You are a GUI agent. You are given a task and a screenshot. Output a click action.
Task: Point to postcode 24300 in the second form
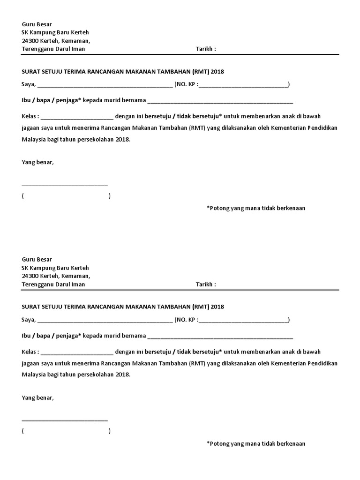pos(30,276)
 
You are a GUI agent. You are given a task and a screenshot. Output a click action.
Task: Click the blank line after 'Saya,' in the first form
pos(105,85)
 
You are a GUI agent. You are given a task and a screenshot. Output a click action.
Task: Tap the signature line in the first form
pos(65,185)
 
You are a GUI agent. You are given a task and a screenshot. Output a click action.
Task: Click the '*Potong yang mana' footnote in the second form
pos(256,443)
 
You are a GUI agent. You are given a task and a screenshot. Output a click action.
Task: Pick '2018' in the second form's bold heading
pos(217,307)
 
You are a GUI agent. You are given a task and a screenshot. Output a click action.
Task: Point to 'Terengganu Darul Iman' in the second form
pos(53,285)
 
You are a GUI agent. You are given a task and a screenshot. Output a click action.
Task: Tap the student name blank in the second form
pos(220,337)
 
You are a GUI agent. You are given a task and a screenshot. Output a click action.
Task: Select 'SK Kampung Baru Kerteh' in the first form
pos(55,32)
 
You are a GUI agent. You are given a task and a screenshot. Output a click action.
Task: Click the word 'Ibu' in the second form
pos(26,336)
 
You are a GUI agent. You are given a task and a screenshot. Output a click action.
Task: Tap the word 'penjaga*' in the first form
pos(68,100)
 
